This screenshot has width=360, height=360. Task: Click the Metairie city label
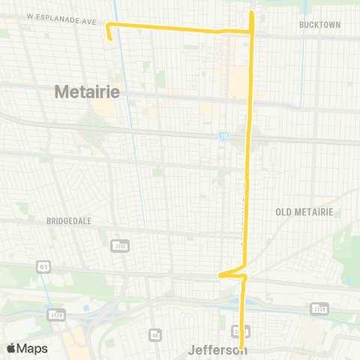point(88,91)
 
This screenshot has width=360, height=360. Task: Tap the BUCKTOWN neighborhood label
point(319,25)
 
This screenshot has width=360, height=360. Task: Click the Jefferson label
point(217,350)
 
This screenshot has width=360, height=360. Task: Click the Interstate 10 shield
point(223,137)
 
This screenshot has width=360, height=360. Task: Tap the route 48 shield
point(154,334)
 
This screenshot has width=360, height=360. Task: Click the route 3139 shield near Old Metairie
point(319,308)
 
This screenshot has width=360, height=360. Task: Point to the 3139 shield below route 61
point(56,313)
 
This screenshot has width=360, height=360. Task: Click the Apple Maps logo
point(27,349)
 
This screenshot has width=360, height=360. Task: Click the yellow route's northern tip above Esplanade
point(251,12)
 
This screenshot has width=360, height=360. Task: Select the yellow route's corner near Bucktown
point(251,31)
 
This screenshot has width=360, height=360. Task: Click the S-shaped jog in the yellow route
point(234,273)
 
